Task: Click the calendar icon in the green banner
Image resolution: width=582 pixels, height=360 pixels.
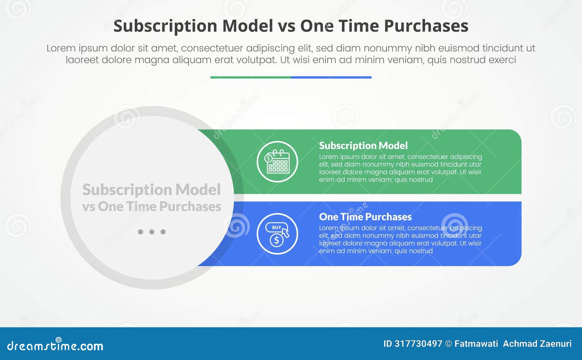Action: coord(278,162)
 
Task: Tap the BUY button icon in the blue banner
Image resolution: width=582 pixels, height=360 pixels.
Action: coord(276,228)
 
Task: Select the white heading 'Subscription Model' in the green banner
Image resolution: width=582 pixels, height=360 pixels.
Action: coord(363,145)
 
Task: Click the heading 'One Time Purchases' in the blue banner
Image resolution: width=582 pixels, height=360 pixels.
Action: coord(365,217)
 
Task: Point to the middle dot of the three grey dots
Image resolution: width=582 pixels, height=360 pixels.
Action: coord(152,232)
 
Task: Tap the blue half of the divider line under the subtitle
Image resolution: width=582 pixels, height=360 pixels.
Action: coord(331,77)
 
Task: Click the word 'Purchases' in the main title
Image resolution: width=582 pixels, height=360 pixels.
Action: coord(426,26)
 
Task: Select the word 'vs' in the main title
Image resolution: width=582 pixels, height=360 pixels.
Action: coord(286,26)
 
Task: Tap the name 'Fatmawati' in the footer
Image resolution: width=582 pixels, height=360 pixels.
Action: coord(476,344)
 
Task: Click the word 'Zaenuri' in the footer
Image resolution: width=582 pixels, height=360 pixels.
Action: coord(556,344)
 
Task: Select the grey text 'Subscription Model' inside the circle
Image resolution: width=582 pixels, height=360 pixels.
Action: coord(151,189)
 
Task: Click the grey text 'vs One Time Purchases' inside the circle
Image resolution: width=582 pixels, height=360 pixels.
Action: coord(152,207)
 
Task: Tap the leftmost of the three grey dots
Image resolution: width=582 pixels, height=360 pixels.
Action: coord(140,232)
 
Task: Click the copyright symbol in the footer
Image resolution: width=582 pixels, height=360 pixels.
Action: coord(448,344)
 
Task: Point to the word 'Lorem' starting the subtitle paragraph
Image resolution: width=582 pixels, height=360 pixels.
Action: coord(61,48)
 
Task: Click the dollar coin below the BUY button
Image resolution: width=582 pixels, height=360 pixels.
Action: coord(276,240)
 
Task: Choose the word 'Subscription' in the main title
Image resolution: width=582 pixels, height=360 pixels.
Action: coord(165,26)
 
